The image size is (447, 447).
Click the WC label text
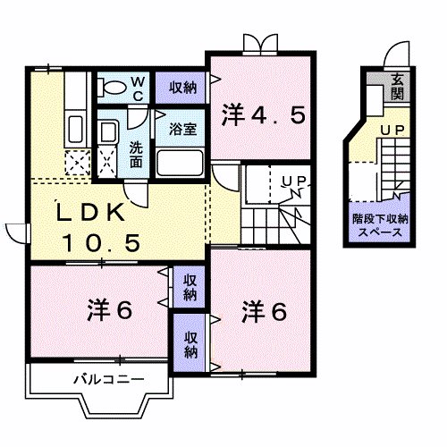[139, 86]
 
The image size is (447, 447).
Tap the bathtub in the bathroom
[182, 163]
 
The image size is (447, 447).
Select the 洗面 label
[134, 155]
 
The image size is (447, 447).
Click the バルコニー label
[108, 380]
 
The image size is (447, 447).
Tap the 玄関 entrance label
[395, 87]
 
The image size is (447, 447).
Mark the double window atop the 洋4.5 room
[257, 42]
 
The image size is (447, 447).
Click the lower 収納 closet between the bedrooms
[191, 344]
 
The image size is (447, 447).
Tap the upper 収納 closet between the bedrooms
[190, 288]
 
